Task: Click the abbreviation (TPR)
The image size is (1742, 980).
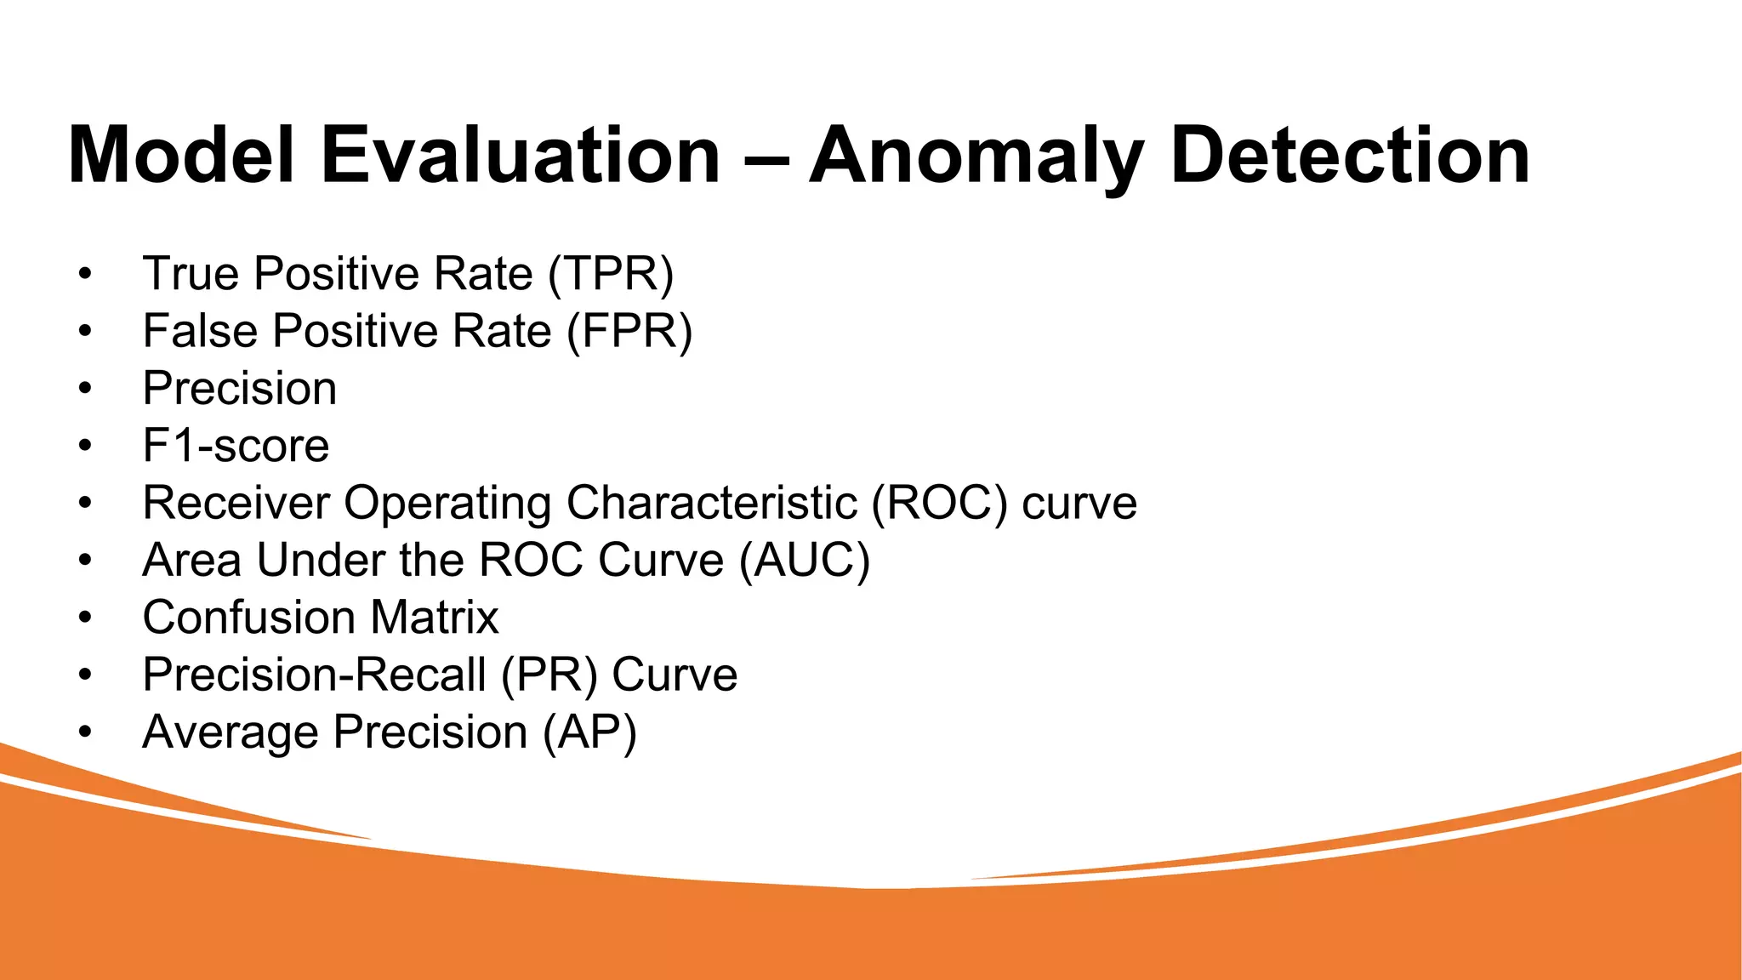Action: pyautogui.click(x=611, y=274)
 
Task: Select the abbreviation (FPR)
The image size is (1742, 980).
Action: pyautogui.click(x=629, y=331)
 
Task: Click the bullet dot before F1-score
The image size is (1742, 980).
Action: pyautogui.click(x=84, y=446)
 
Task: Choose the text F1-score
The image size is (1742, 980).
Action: pyautogui.click(x=236, y=446)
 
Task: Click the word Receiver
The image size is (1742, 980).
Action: pyautogui.click(x=236, y=503)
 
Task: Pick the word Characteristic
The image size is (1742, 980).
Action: pyautogui.click(x=711, y=503)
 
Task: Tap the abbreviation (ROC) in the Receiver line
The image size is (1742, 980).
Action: pyautogui.click(x=939, y=503)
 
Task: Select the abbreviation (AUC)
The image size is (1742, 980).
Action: pyautogui.click(x=805, y=561)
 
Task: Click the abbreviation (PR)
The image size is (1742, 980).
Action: pyautogui.click(x=549, y=675)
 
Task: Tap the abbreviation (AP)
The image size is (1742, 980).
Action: pyautogui.click(x=590, y=732)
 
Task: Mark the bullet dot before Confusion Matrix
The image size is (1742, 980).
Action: pyautogui.click(x=84, y=618)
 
